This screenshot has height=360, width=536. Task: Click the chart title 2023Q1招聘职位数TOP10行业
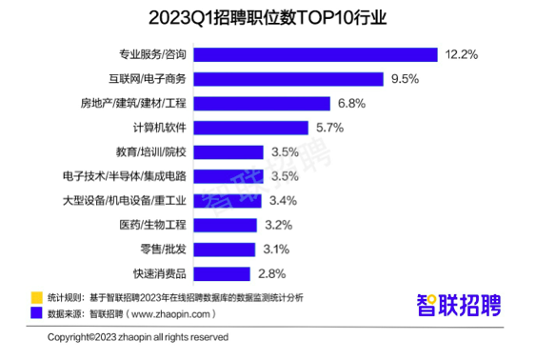[x=268, y=17]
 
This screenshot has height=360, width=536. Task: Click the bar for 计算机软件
[x=252, y=128]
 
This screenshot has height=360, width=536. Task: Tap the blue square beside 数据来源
[x=37, y=312]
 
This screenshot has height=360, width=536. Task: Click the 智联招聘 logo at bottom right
[x=458, y=306]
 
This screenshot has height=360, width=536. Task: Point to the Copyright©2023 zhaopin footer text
[x=139, y=337]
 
